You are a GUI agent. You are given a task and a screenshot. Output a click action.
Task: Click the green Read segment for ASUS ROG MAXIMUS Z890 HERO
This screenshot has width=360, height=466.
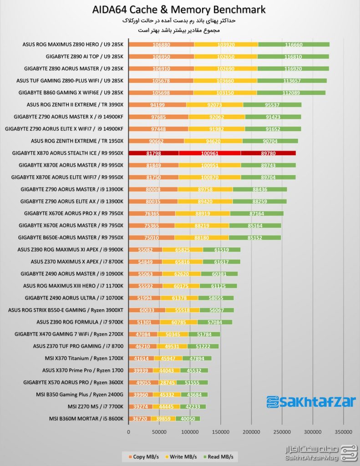coord(294,45)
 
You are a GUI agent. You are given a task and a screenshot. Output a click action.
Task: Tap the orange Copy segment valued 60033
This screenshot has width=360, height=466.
coord(147,310)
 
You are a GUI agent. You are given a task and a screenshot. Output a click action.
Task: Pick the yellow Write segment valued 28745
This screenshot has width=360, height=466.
coord(167,382)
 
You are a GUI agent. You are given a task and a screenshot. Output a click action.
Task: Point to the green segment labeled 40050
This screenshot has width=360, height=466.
coord(187,419)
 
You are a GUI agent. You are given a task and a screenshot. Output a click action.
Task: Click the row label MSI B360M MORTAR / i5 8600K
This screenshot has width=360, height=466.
coord(86,419)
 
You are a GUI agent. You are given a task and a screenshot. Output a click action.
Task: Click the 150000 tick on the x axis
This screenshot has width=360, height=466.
coord(221,431)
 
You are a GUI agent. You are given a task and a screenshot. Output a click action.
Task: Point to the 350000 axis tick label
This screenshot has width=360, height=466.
coord(343,431)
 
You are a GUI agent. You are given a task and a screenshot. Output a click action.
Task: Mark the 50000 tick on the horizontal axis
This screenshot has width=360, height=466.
coord(159,431)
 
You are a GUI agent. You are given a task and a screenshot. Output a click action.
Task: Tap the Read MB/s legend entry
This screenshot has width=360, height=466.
coord(222,456)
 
